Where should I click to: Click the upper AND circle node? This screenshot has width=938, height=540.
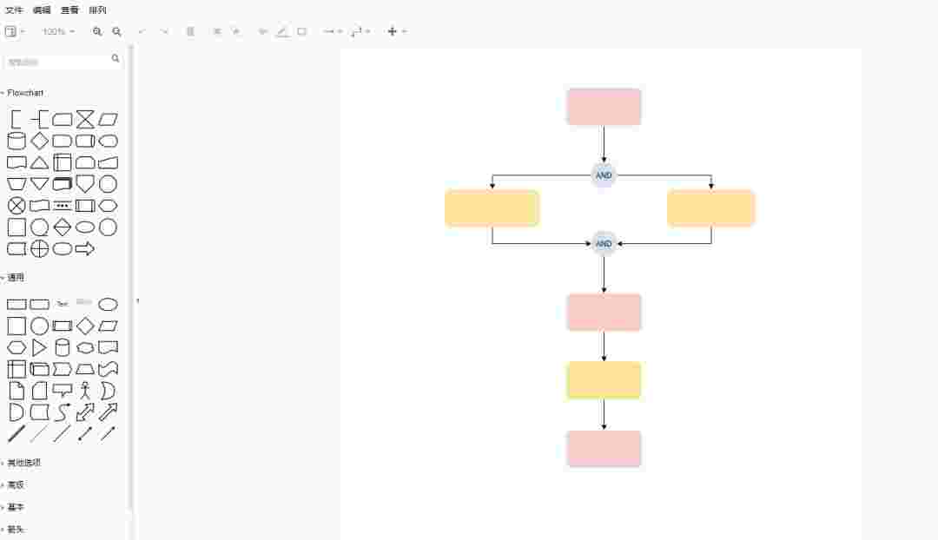coord(604,175)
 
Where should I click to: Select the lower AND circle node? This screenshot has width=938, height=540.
coord(604,243)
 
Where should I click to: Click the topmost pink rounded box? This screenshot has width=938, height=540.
coord(604,107)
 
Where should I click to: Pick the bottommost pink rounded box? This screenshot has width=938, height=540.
coord(604,449)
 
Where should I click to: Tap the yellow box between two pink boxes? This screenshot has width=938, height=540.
coord(604,380)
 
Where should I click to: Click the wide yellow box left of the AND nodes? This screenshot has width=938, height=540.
coord(492,208)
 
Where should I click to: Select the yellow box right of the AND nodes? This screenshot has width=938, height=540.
coord(710,208)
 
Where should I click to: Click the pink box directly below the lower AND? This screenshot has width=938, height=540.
coord(604,312)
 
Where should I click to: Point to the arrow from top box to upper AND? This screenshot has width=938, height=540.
coord(604,143)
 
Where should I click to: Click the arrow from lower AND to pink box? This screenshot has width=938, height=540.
coord(604,274)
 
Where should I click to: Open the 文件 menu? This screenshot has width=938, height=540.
coord(14,10)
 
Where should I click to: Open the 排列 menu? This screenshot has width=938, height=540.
coord(97,10)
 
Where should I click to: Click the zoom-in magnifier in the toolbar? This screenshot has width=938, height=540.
coord(97,31)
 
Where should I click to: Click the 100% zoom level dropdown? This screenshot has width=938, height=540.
coord(58,31)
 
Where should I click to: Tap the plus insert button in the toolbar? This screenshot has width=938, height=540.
coord(392,31)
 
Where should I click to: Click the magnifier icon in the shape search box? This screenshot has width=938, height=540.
coord(116,59)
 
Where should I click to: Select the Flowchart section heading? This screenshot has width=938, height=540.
coord(25,93)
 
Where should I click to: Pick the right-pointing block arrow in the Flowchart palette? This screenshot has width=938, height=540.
coord(85,249)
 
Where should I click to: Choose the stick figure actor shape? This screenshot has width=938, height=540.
coord(85,391)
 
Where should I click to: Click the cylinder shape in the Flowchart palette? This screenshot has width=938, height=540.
coord(17,141)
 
